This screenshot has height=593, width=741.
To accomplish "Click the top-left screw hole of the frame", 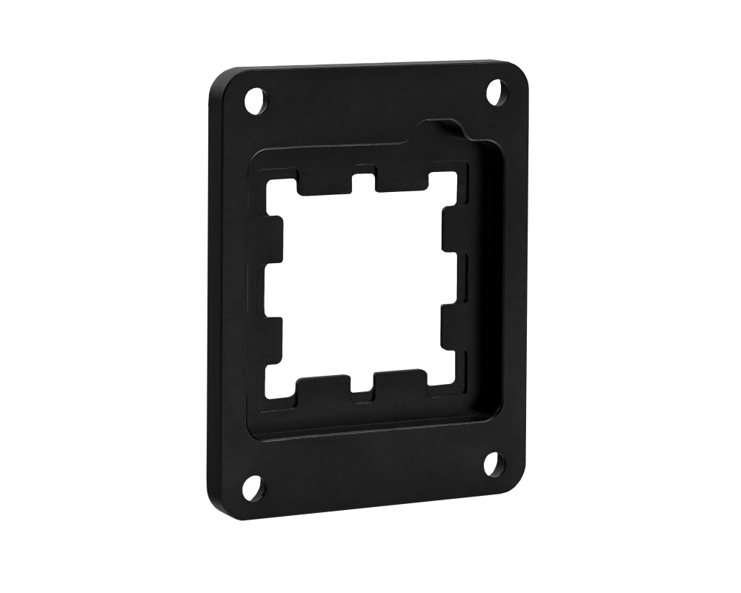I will [x=254, y=100].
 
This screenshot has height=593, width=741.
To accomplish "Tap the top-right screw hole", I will [x=496, y=92].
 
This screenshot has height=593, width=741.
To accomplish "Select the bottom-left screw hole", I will [x=253, y=487].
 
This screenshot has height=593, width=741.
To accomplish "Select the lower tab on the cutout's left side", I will [x=274, y=338].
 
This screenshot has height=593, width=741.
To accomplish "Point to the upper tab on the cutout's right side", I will [x=451, y=232].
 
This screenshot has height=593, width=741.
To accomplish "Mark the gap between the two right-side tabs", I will [x=453, y=280].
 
